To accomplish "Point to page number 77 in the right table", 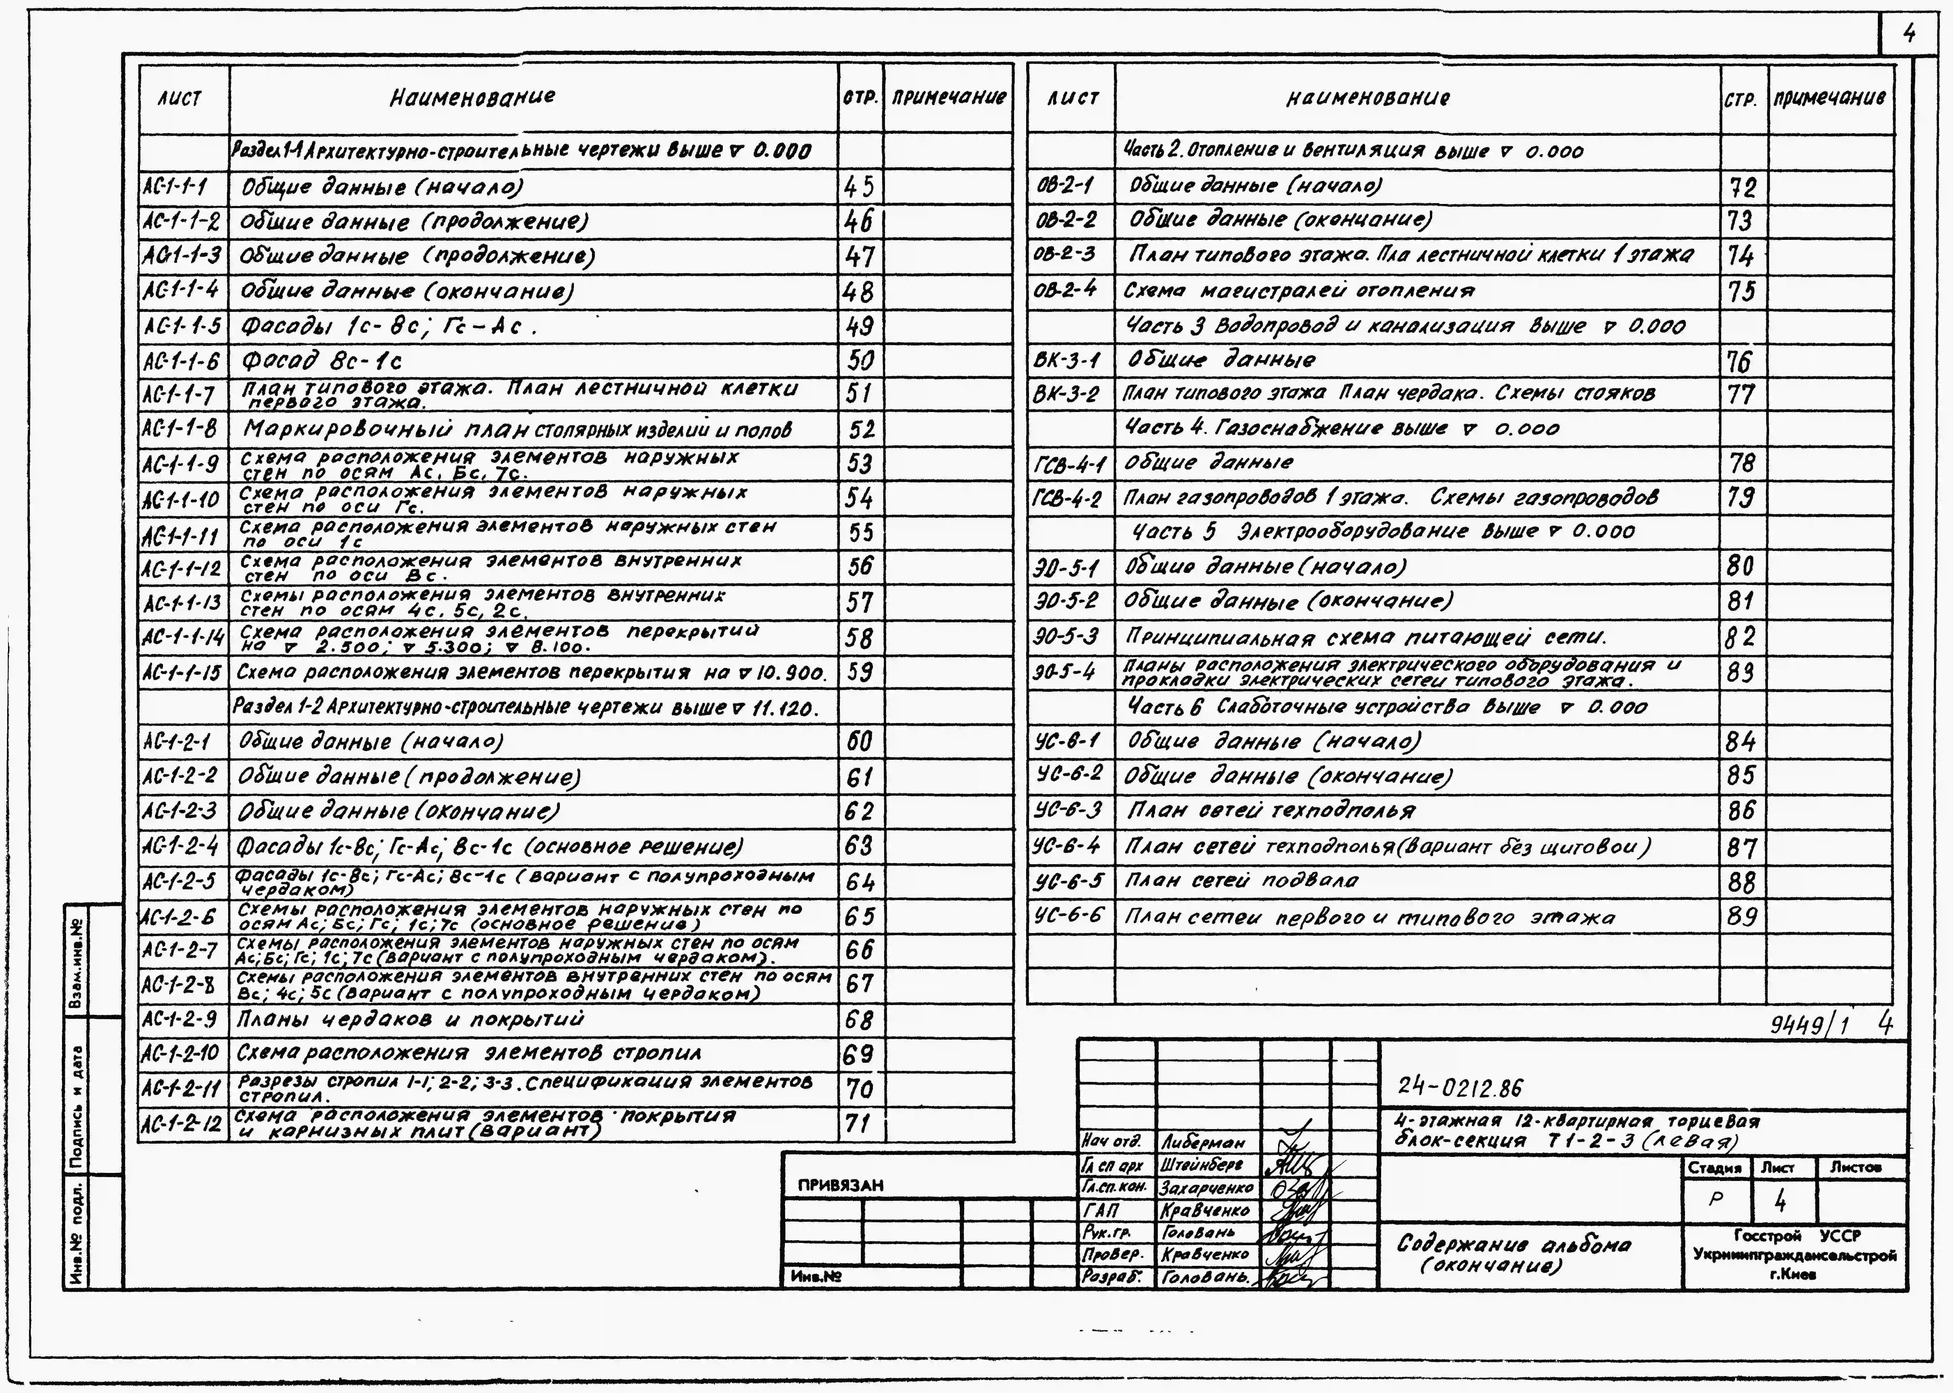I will pos(1741,395).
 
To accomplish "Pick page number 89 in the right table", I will pos(1741,917).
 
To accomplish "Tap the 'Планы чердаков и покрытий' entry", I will pos(410,1019).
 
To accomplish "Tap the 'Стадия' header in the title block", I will pos(1714,1168).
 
